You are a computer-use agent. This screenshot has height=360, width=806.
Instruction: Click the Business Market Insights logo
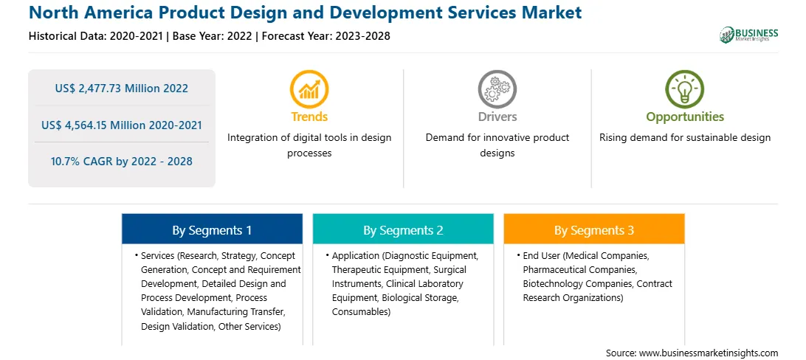tap(748, 35)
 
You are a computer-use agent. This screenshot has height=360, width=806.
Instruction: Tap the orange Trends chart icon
tap(309, 89)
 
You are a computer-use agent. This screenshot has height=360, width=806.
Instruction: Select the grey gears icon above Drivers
tap(497, 89)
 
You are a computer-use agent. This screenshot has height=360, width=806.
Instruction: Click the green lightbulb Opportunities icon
tap(685, 89)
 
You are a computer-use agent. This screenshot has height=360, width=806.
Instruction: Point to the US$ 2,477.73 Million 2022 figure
tap(121, 89)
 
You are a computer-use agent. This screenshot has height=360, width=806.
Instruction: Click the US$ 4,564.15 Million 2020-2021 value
tap(121, 125)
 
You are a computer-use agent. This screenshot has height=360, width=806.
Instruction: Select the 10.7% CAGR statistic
tap(121, 162)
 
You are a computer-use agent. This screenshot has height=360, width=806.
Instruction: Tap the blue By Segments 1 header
tap(212, 230)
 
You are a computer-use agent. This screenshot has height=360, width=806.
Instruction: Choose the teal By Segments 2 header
tap(403, 230)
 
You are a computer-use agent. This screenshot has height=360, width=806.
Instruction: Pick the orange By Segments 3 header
tap(593, 230)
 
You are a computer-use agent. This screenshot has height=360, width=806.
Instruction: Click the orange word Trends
tap(309, 117)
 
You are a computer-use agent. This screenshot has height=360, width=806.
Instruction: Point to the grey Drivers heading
tap(497, 117)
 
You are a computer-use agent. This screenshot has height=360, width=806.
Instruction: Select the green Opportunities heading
tap(685, 117)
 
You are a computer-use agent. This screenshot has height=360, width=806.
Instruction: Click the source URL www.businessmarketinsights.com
tap(709, 353)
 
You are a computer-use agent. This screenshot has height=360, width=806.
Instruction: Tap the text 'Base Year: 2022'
tap(213, 36)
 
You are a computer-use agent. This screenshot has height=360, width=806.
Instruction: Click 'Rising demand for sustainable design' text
tap(685, 138)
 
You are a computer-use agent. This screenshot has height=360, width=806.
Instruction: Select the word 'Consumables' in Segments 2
tap(360, 312)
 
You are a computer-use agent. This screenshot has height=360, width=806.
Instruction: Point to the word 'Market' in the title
tap(551, 13)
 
